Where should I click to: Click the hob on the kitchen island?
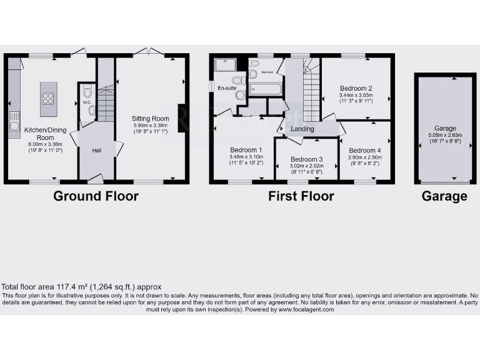[x=48, y=97]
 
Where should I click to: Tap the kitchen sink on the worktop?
[x=14, y=126]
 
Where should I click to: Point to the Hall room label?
[x=97, y=151]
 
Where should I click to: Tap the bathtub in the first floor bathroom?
[x=265, y=89]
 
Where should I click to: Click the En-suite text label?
[x=227, y=88]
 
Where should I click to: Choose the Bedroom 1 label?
[x=246, y=150]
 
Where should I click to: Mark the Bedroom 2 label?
[x=356, y=88]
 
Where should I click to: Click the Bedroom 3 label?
[x=306, y=159]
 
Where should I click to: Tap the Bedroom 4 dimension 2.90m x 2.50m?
[x=364, y=159]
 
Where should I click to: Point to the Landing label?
[x=302, y=129]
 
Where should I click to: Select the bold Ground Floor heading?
[x=96, y=196]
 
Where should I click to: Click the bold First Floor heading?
[x=301, y=196]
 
